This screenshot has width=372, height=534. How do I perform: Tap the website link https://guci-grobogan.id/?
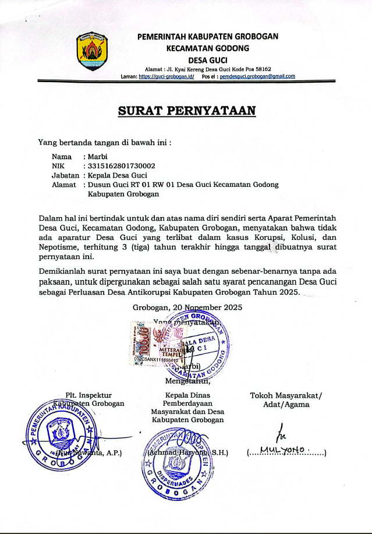166,76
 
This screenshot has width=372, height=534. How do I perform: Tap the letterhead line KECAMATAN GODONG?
208,48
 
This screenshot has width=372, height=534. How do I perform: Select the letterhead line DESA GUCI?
208,60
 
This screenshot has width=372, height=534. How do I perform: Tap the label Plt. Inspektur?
88,395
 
